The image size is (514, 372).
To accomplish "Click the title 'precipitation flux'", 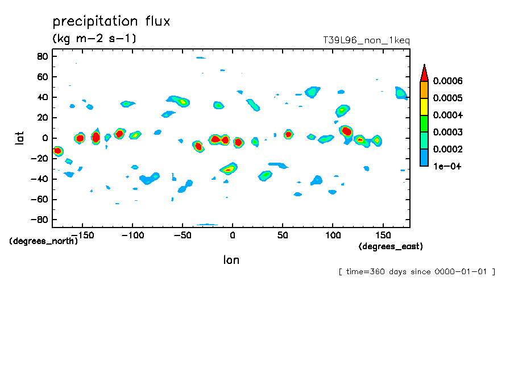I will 111,22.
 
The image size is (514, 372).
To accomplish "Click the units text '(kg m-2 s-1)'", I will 94,39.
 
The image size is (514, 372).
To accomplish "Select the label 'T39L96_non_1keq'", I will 366,40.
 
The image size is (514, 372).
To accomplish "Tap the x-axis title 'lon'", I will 231,260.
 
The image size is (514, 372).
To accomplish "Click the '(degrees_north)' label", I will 44,241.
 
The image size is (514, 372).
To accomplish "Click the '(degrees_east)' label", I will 391,246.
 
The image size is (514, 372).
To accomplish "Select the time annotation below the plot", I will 416,271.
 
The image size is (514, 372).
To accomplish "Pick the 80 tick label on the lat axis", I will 42,56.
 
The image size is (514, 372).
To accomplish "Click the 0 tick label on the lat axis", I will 44,138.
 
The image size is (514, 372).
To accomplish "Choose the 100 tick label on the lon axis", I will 332,234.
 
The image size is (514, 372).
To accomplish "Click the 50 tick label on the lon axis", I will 282,234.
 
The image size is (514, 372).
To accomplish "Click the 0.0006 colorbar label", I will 447,81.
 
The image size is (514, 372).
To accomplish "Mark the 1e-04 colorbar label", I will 447,167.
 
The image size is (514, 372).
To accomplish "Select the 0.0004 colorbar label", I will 447,115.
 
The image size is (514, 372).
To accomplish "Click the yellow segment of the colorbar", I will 424,107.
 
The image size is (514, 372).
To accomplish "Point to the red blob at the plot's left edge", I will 57,151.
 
